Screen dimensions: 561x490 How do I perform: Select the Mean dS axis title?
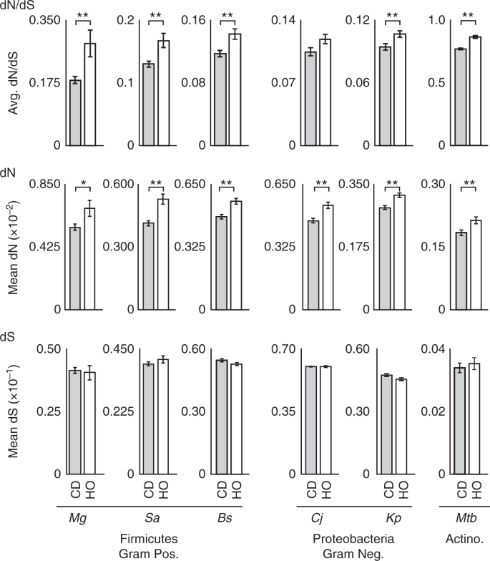pyautogui.click(x=11, y=411)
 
